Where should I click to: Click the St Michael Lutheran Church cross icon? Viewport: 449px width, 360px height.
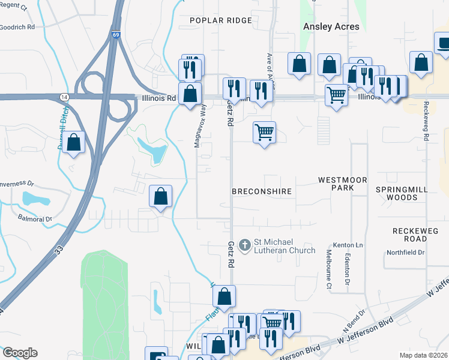244,245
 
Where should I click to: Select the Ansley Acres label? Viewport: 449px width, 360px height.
331,26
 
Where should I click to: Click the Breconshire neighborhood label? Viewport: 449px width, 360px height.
262,191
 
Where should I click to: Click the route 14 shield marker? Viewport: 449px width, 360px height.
64,97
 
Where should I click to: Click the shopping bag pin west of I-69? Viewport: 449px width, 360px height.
74,142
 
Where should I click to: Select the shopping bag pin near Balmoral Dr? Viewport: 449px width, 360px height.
161,196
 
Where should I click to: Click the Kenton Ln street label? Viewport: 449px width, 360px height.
351,245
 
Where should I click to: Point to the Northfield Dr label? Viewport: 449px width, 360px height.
405,253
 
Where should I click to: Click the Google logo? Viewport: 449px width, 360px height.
19,353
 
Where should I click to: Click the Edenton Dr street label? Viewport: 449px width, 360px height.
348,269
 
